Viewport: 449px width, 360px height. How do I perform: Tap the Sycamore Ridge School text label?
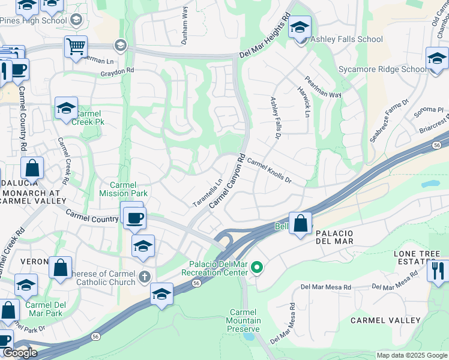tap(382, 69)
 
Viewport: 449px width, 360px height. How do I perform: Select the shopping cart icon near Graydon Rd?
tap(76, 46)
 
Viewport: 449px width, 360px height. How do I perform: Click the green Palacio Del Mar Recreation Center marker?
tap(257, 267)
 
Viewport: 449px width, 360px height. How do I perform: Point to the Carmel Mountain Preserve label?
tap(243, 320)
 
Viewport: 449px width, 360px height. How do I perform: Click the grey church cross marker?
tap(143, 277)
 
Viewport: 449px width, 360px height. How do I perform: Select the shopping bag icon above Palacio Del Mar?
tap(300, 223)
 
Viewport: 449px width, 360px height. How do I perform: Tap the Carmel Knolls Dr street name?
tap(268, 171)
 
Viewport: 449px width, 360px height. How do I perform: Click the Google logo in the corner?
tap(20, 353)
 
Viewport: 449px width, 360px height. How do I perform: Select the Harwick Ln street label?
tap(304, 101)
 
